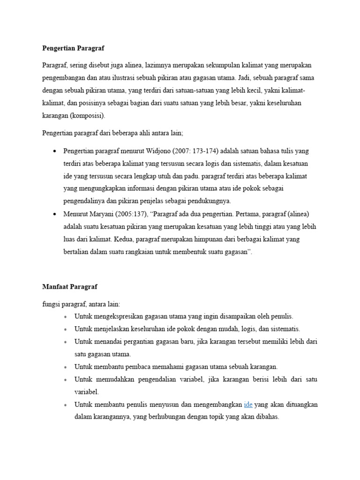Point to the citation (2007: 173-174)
tap(195, 151)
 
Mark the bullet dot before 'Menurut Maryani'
tap(55, 215)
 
